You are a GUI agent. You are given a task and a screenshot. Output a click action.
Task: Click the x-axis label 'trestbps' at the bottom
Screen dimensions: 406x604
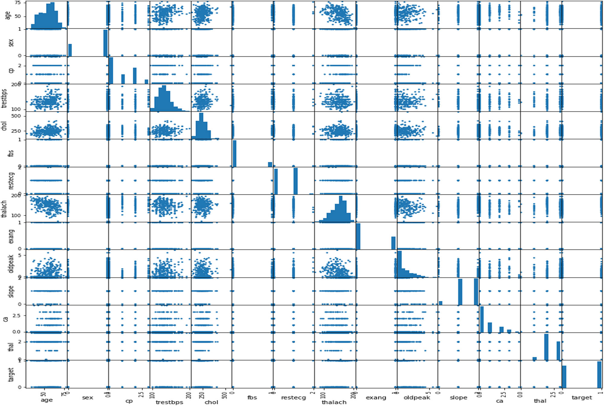point(169,402)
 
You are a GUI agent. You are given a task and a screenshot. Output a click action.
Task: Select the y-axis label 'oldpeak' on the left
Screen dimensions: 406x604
point(11,264)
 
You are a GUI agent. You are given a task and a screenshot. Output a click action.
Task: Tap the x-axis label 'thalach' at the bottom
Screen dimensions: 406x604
point(334,402)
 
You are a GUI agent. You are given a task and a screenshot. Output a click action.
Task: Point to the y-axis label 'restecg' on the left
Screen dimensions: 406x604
point(11,181)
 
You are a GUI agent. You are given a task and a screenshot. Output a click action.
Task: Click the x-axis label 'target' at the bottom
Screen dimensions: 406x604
point(582,398)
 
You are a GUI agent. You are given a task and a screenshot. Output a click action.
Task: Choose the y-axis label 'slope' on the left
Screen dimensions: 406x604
point(11,292)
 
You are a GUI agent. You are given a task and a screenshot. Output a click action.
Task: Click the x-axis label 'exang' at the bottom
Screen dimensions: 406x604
point(376,398)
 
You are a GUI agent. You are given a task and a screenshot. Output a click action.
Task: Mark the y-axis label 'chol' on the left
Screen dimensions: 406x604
point(4,126)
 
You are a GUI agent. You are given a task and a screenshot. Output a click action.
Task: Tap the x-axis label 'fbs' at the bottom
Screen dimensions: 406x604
point(252,398)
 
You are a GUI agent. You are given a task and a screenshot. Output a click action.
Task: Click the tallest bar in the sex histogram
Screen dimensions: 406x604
point(105,43)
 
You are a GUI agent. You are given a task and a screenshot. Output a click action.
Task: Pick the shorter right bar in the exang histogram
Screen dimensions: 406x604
point(393,243)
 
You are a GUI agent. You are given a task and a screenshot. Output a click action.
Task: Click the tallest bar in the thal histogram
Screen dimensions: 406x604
point(546,347)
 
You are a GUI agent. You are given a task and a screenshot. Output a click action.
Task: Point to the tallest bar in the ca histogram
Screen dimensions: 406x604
point(482,319)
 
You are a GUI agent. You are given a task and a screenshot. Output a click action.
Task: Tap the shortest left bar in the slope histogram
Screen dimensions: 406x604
point(441,303)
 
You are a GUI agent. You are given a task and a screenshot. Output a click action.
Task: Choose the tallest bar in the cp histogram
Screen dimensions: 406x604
point(111,71)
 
